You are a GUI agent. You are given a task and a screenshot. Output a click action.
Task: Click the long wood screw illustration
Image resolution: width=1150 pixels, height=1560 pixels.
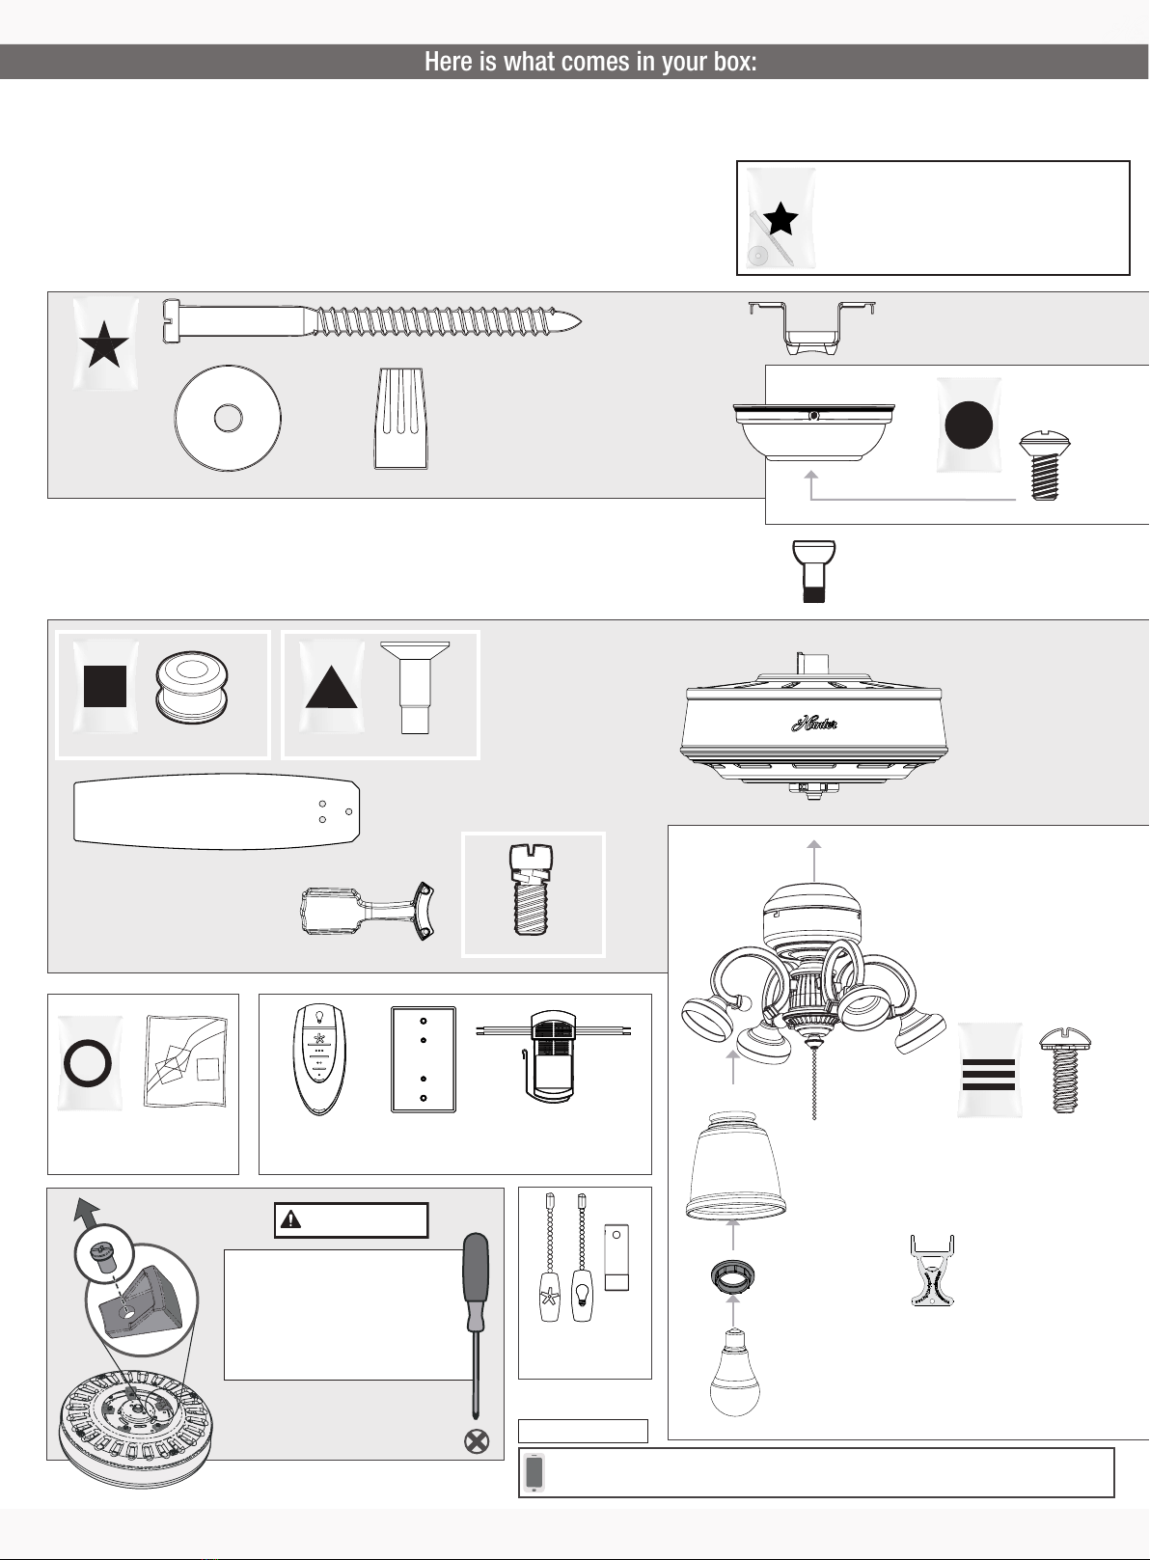[x=372, y=321]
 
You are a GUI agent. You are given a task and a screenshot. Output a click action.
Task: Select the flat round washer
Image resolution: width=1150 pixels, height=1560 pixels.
[x=228, y=418]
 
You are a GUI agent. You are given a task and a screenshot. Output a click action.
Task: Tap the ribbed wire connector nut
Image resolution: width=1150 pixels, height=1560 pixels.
[x=401, y=419]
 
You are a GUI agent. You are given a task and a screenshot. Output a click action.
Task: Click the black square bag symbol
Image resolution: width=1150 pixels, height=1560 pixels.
[x=104, y=686]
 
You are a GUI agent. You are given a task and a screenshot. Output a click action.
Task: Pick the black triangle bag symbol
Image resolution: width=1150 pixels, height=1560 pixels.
[x=332, y=688]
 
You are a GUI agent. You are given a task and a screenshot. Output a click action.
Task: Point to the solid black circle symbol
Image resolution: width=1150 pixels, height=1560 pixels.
[x=969, y=424]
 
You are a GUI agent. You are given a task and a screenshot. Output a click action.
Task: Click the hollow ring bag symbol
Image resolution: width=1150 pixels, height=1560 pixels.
[x=88, y=1063]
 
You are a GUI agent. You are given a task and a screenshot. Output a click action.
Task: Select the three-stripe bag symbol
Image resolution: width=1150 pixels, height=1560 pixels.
[x=988, y=1075]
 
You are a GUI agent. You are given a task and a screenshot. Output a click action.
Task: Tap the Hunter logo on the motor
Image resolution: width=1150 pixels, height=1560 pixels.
[x=814, y=724]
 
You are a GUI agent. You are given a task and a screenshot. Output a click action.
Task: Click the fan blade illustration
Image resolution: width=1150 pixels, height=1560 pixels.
[x=217, y=811]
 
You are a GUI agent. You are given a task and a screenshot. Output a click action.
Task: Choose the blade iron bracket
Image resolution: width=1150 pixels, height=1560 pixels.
[x=368, y=911]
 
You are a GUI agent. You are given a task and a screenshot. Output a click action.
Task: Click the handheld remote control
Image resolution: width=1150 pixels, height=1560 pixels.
[x=319, y=1058]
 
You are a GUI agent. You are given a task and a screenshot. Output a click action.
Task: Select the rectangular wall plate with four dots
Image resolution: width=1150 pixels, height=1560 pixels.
[x=424, y=1059]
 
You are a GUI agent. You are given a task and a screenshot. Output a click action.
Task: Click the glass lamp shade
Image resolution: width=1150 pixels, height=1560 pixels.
[x=735, y=1166]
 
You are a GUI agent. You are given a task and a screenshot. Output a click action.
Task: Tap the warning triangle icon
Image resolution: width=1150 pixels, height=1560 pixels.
[x=290, y=1219]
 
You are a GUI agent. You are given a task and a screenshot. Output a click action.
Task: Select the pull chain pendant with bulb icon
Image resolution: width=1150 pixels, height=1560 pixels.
[x=582, y=1296]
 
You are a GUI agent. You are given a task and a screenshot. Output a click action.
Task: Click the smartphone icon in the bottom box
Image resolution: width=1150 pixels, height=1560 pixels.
[x=534, y=1473]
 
